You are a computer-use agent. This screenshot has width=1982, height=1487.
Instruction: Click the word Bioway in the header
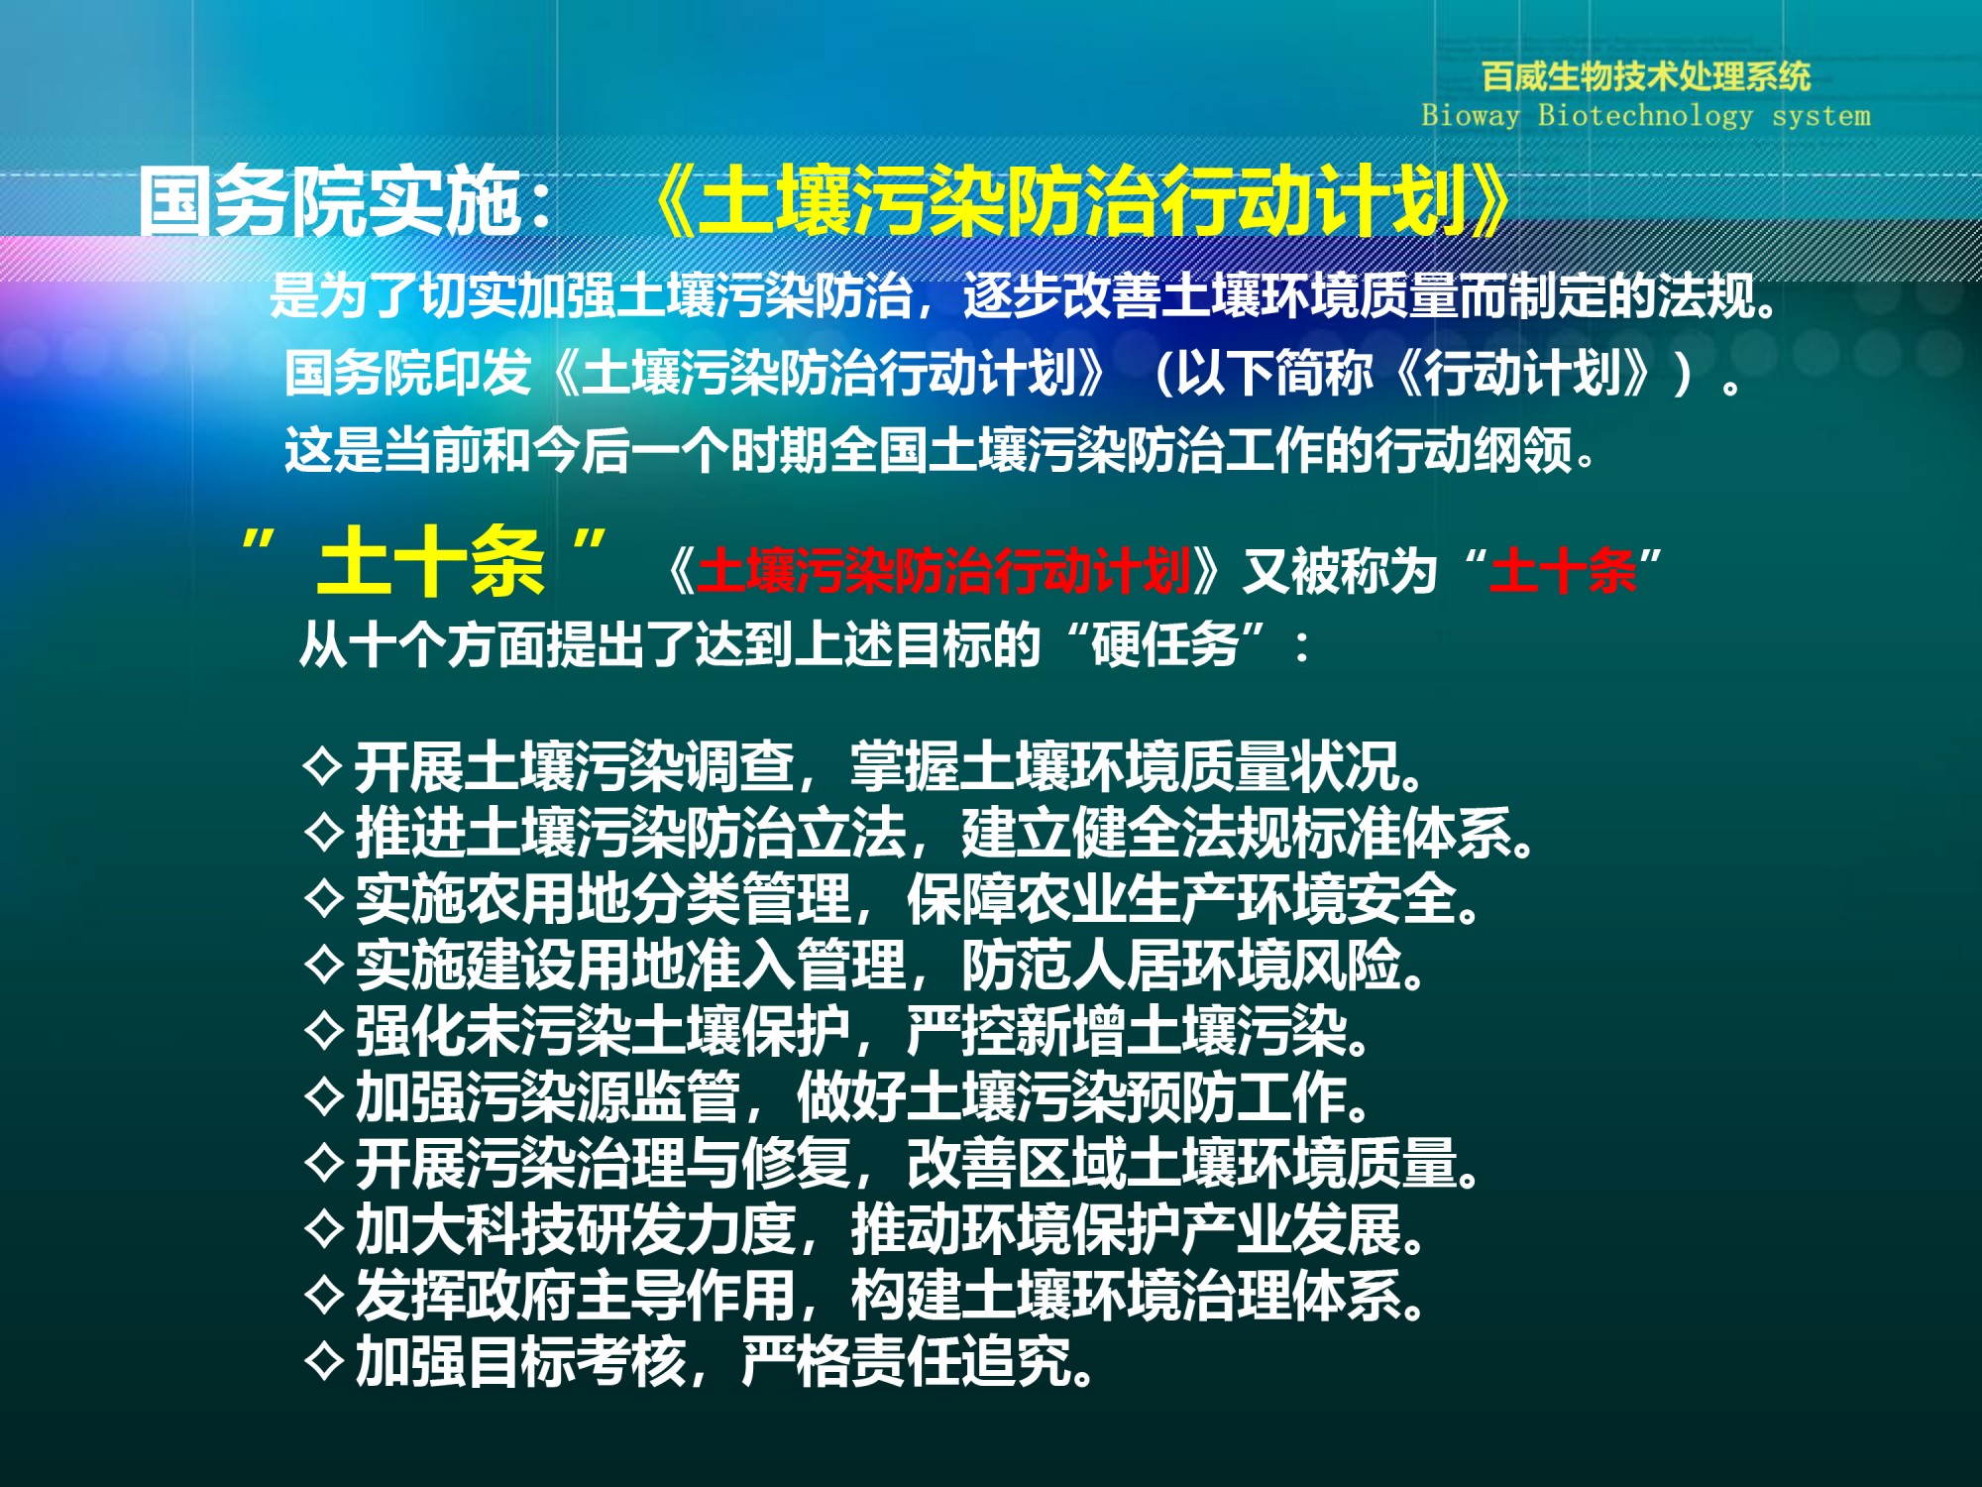pos(1470,116)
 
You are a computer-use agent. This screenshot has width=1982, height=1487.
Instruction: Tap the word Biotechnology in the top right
pos(1645,116)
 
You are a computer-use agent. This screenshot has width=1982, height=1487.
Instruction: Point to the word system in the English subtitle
pos(1821,117)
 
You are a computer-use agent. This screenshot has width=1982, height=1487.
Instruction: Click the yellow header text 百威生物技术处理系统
pos(1645,76)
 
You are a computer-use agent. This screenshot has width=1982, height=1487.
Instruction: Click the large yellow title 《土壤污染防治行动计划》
pos(1082,201)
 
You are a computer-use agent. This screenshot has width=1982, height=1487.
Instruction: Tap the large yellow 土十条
pos(431,561)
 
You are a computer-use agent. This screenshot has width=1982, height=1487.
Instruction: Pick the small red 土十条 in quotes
pos(1563,571)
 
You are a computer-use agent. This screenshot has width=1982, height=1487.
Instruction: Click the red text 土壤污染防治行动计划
pos(943,571)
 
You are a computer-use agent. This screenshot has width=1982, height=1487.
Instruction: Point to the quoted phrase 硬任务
pos(1165,645)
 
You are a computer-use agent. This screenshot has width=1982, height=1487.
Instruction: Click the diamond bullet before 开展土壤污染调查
pos(324,765)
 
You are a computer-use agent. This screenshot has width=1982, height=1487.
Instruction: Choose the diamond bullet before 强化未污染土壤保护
pos(324,1030)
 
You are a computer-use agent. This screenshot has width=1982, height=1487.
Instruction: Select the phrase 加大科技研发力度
pos(576,1229)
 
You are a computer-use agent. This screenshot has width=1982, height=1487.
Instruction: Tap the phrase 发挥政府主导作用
pos(576,1295)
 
